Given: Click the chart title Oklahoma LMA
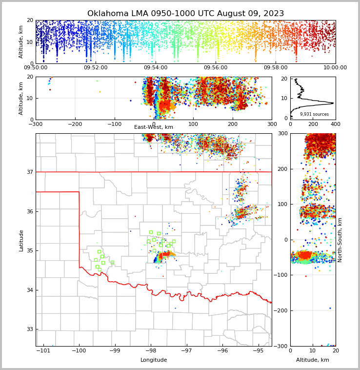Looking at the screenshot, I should point(185,14).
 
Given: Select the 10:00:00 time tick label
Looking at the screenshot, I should point(335,68).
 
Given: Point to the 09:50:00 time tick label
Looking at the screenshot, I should point(36,68).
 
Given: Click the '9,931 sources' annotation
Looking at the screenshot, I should point(314,114).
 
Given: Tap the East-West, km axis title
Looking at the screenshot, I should point(154,127).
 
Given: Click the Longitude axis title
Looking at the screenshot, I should point(154,360).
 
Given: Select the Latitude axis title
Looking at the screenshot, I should point(21,240).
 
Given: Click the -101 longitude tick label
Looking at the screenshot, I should point(43,351).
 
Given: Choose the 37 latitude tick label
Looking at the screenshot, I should point(29,172).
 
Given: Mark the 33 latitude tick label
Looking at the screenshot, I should point(29,329).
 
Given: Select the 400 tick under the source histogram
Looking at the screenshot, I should point(335,124).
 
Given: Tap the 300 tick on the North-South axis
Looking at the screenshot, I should point(283,134).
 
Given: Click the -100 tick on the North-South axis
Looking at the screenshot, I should point(281,275).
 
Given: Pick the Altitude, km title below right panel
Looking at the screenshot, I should point(313,360).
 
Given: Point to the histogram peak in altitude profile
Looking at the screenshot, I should point(332,103).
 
